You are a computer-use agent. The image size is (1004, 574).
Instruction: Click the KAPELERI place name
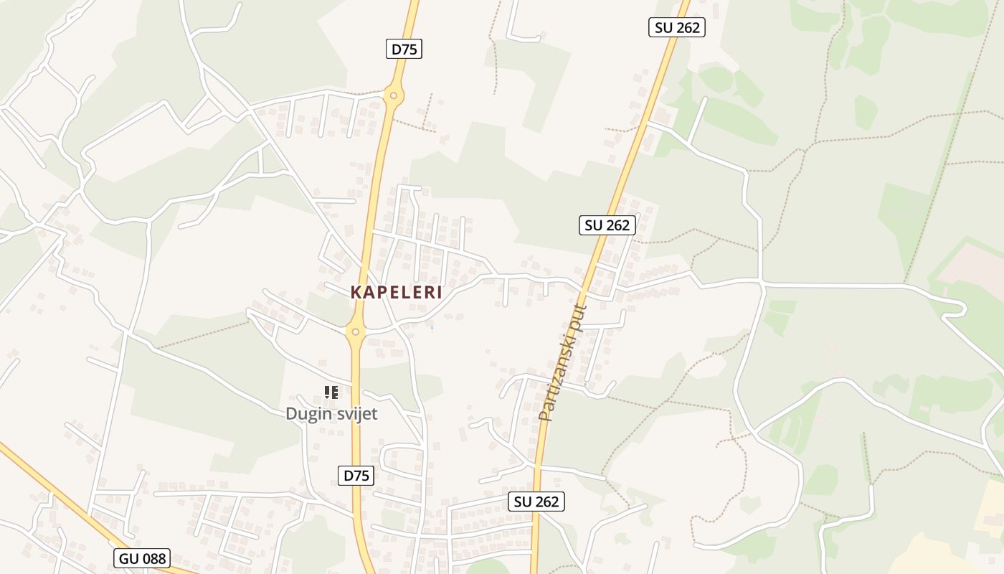(x=396, y=293)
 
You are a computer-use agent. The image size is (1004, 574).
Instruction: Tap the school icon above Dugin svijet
(x=331, y=392)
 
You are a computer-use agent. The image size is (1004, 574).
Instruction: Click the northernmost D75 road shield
(x=404, y=49)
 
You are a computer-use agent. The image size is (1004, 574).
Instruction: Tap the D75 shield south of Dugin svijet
(x=356, y=475)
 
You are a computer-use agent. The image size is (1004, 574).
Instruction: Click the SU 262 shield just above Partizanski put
(x=607, y=225)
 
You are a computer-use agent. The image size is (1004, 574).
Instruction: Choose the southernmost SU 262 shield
(x=536, y=502)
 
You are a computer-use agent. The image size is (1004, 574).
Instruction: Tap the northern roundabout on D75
(x=393, y=95)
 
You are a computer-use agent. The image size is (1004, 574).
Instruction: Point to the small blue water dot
(x=432, y=327)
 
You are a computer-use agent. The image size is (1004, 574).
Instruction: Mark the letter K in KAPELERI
(x=356, y=293)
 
